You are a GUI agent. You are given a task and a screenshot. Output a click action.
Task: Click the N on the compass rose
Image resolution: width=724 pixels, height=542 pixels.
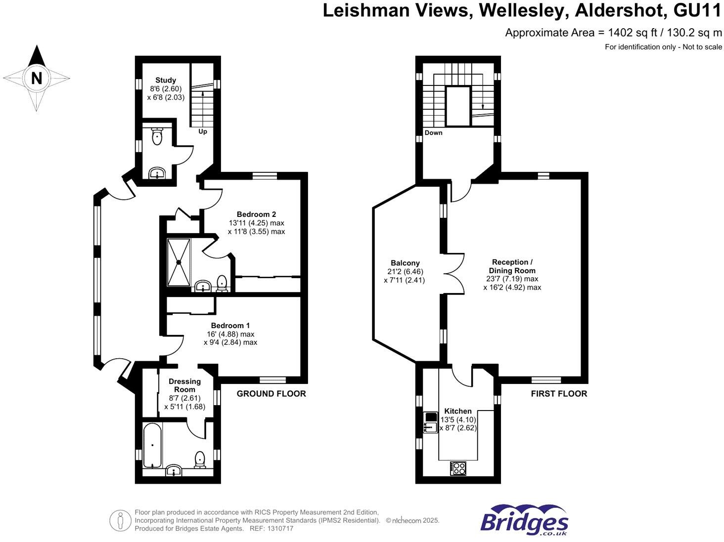point(37,78)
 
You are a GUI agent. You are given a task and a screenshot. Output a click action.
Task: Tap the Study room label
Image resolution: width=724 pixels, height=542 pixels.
point(166,80)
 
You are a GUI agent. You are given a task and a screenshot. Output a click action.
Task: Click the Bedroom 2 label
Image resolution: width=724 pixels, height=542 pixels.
point(256,214)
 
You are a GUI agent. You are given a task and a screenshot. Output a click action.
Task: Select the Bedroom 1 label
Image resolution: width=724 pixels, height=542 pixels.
point(230,325)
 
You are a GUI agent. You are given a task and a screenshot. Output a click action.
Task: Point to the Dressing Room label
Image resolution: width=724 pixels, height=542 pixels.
point(184,385)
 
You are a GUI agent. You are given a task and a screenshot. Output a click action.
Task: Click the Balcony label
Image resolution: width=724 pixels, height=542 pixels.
point(405,263)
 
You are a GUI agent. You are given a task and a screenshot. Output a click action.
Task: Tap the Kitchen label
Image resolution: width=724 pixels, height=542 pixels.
point(458,411)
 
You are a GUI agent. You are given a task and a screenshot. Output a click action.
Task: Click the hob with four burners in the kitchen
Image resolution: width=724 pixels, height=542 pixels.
point(458,468)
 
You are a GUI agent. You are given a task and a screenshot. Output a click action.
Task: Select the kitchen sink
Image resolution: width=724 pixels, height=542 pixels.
point(430,427)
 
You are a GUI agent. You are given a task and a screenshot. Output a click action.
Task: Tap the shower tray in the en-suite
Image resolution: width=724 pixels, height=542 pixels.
point(179,262)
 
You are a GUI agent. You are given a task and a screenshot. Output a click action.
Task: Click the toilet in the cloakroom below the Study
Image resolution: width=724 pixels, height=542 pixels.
point(157,136)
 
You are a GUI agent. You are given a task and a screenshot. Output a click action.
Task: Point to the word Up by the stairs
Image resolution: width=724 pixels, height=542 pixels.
point(203,131)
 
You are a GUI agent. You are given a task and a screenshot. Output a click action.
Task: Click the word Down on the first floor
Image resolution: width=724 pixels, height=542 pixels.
point(433,132)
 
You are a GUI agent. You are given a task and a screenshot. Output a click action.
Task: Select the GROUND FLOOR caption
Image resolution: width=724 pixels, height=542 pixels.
point(271,393)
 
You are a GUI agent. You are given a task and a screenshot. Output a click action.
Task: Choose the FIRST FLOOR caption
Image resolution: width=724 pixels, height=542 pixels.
point(559,393)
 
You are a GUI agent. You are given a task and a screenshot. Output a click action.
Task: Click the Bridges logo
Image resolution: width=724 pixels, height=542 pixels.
point(524,520)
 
